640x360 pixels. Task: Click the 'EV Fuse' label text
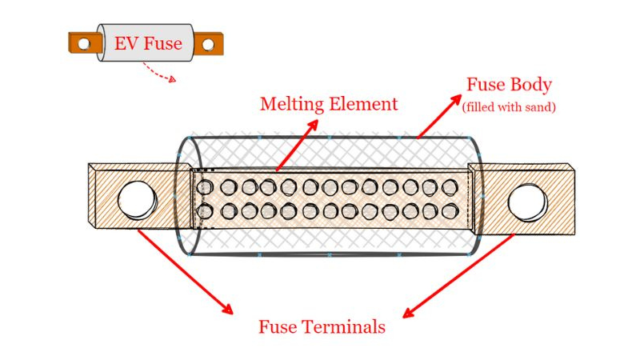coord(148,43)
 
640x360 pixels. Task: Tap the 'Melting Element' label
coord(328,104)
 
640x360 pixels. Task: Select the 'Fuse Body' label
coord(509,85)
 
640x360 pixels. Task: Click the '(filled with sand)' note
coord(509,106)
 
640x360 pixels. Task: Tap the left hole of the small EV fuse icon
coord(83,44)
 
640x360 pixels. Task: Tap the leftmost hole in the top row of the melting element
coord(206,188)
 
